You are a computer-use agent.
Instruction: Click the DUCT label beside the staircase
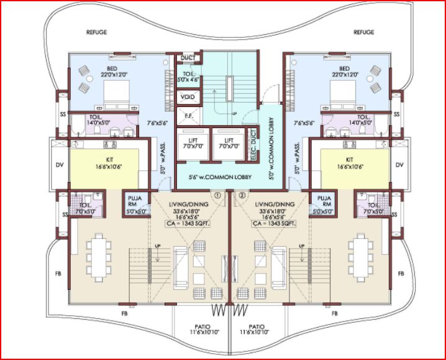[x=187, y=58]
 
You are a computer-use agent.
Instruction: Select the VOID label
[x=186, y=98]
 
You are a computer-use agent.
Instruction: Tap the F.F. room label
[x=186, y=116]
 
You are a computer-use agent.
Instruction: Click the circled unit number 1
[x=217, y=194]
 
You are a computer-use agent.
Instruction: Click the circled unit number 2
[x=241, y=194]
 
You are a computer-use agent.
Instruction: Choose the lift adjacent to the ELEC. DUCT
[x=229, y=144]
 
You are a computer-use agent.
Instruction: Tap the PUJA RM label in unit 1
[x=135, y=203]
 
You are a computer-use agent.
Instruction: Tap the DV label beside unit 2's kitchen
[x=399, y=165]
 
